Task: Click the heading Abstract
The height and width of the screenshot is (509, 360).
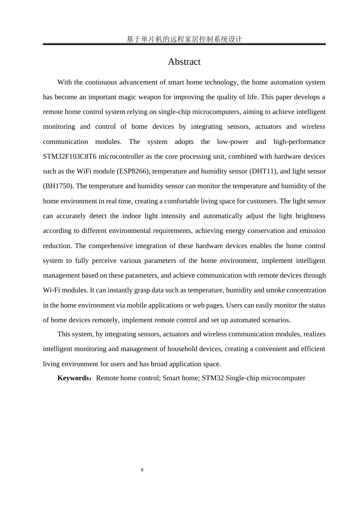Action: pos(184,62)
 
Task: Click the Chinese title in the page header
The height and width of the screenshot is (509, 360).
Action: pos(184,39)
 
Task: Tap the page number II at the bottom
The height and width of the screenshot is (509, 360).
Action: pos(142,470)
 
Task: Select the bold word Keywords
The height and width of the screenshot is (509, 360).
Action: pos(73,378)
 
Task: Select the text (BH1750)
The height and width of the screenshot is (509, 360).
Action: pos(58,186)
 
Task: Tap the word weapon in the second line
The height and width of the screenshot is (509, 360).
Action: pos(150,97)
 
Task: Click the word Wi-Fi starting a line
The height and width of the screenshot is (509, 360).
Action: pos(52,290)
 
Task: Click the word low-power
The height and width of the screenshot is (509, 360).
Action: pos(233,142)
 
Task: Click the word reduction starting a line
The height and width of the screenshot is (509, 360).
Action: pos(57,246)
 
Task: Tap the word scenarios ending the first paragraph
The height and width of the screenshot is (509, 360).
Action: pos(276,320)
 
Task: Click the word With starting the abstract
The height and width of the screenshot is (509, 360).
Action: pos(64,82)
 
